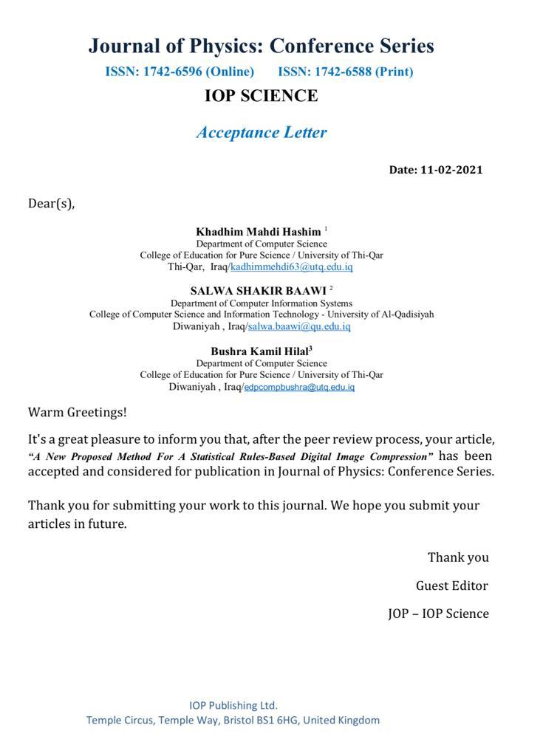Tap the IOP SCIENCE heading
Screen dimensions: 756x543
point(261,96)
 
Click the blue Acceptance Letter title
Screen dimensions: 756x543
point(261,133)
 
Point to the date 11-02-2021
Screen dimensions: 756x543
point(451,170)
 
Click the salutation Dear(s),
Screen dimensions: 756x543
point(52,204)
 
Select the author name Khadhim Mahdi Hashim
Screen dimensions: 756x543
point(258,232)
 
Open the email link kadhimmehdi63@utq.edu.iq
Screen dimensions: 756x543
point(292,267)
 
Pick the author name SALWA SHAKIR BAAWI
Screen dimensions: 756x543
point(258,291)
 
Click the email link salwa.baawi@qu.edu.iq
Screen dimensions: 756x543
point(299,326)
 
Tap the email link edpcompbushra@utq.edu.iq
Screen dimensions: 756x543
point(299,387)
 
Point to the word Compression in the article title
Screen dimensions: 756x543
point(399,456)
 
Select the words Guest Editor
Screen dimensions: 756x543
point(452,586)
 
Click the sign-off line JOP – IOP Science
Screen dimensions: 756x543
point(438,614)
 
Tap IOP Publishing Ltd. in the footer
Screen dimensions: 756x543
point(233,705)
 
